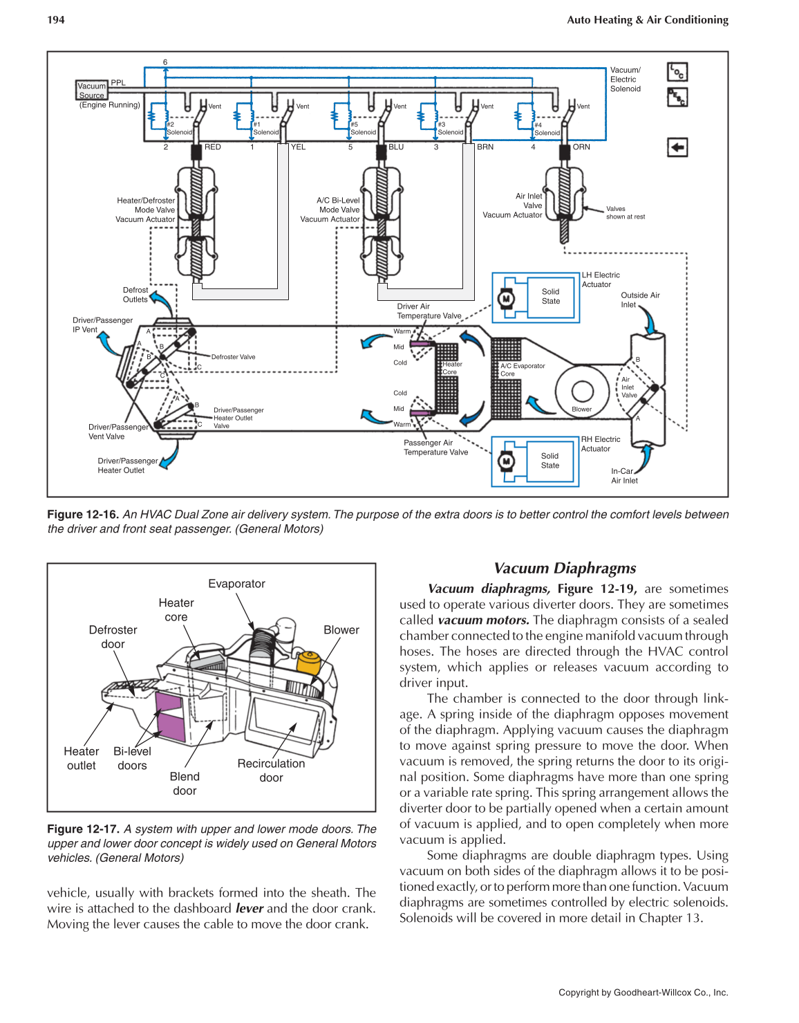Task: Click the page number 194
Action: tap(56, 19)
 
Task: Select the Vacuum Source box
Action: tap(92, 91)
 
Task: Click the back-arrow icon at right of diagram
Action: tap(677, 147)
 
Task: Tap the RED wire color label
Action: tap(212, 147)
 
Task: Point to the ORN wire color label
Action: tap(581, 147)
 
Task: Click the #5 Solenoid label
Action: tap(363, 129)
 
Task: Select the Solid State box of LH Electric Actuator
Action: tap(551, 297)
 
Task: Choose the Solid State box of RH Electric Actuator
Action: tap(550, 461)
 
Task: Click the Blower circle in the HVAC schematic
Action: tap(582, 391)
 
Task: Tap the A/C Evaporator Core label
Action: tap(523, 369)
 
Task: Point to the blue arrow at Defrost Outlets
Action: tap(162, 302)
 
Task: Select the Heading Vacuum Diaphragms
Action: tap(565, 568)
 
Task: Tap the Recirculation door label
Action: tap(271, 771)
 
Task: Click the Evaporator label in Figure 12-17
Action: tap(236, 584)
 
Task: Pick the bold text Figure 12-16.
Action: tap(83, 515)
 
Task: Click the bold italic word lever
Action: tap(250, 908)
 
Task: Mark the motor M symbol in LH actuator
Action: tap(506, 298)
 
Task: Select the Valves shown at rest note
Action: tap(625, 212)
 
